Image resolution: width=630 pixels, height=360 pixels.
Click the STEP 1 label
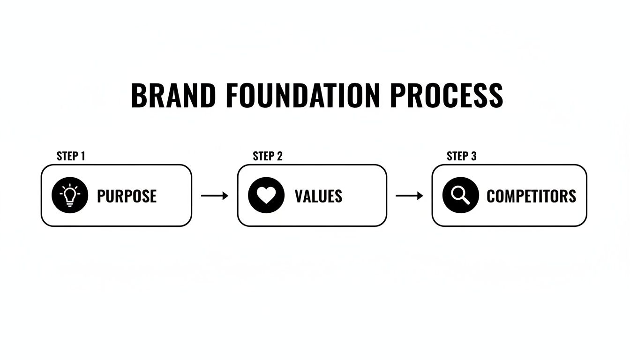coord(71,156)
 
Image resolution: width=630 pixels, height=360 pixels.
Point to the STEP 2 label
coord(268,156)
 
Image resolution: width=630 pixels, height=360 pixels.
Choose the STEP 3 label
coord(462,156)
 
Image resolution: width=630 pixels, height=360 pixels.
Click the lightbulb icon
coord(70,195)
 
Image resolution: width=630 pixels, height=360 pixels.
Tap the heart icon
coord(266,195)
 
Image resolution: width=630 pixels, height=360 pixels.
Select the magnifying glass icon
coord(461,195)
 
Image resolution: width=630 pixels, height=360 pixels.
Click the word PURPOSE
coord(127,196)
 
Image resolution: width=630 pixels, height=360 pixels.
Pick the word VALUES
coord(318,196)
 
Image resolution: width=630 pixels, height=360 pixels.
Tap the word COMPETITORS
coord(531,196)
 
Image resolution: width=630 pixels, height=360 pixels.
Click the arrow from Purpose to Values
coord(214,195)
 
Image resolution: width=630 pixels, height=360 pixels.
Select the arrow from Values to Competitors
coord(409,195)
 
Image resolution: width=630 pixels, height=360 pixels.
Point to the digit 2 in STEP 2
coord(280,156)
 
